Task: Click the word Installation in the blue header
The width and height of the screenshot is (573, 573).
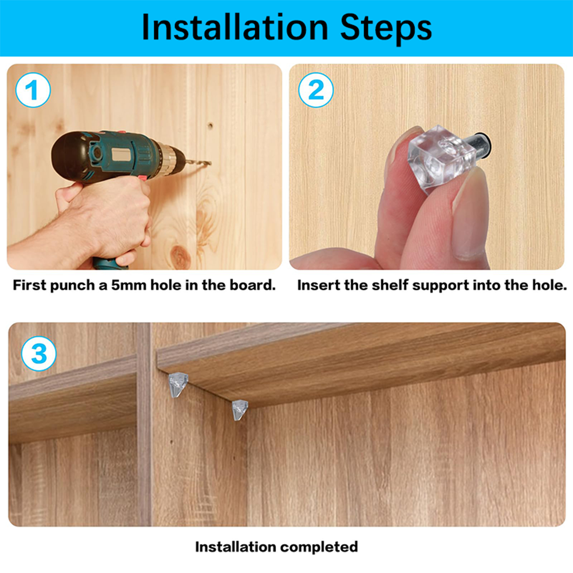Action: tap(235, 28)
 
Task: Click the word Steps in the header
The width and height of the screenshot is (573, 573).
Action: tap(386, 28)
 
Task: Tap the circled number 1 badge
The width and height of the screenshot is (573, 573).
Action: tap(33, 90)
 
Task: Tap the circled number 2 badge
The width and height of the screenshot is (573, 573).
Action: tap(316, 90)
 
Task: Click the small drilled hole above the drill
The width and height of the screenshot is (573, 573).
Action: tap(210, 126)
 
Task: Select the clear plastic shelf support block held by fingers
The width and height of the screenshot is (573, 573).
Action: tap(441, 158)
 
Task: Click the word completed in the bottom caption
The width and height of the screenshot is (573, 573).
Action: tap(319, 547)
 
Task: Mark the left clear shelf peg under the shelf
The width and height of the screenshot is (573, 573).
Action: tap(178, 384)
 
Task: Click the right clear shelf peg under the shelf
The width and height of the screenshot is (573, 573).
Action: tap(240, 410)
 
